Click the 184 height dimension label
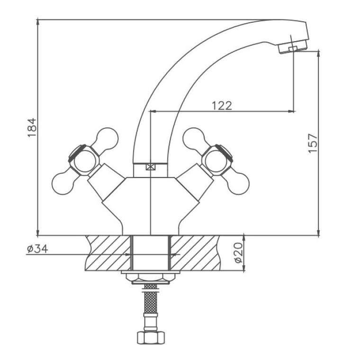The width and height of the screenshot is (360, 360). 32,127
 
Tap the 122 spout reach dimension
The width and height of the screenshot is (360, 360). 222,106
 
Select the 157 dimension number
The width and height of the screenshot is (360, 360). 313,143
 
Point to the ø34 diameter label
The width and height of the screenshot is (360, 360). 37,249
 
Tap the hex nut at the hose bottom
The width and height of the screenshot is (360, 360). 151,337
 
